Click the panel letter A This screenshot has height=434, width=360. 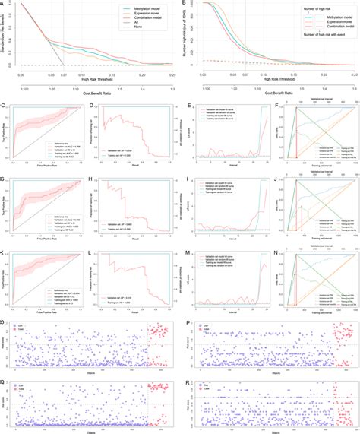pos(3,3)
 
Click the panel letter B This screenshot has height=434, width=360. pos(185,3)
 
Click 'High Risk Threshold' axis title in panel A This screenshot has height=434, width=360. pos(86,83)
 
